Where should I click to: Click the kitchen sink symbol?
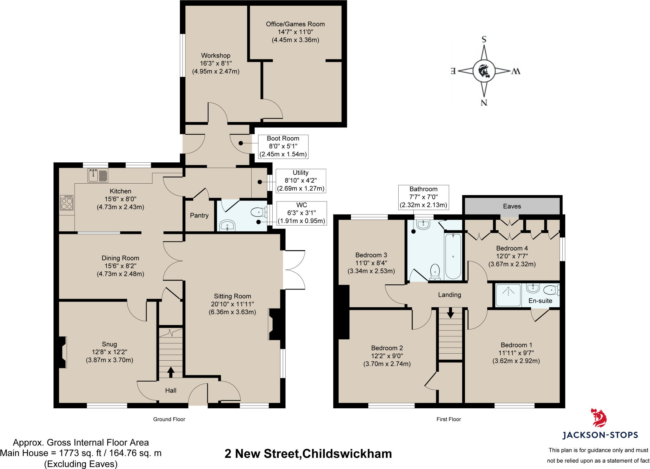point(98,175)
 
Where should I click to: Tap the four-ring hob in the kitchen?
point(67,203)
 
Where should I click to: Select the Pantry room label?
point(199,215)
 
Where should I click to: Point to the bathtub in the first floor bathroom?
point(453,256)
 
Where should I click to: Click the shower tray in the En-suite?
point(508,295)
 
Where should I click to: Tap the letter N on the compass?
point(484,103)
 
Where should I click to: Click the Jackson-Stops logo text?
point(600,435)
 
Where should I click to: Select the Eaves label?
point(512,206)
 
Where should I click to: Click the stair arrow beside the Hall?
point(171,372)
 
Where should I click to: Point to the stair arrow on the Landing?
point(450,313)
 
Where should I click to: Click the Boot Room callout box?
point(283,146)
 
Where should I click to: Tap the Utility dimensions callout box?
point(301,181)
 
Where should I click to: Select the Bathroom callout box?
point(423,197)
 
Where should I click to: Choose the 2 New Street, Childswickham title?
point(308,453)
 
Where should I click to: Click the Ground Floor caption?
point(169,419)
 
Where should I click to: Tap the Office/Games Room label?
point(295,24)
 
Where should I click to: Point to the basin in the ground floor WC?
point(227,225)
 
